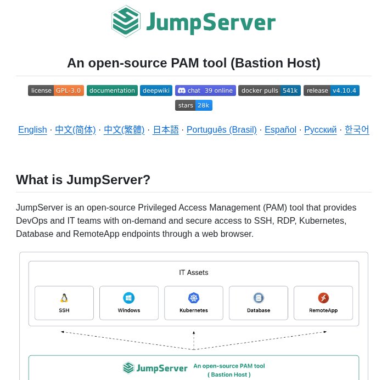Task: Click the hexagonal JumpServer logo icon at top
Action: click(x=126, y=21)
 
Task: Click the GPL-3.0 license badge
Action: click(x=56, y=90)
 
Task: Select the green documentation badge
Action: click(x=112, y=90)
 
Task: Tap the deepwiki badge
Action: click(x=156, y=90)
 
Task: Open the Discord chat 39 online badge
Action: click(x=205, y=90)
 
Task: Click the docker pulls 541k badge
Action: click(x=270, y=90)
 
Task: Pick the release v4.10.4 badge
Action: click(x=332, y=90)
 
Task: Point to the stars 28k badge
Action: click(x=194, y=105)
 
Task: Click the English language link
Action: click(x=32, y=130)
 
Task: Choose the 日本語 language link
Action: click(x=166, y=130)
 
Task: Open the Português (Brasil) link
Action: click(x=222, y=130)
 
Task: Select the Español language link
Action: click(x=281, y=130)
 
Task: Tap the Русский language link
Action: click(x=321, y=130)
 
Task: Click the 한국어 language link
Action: click(x=357, y=130)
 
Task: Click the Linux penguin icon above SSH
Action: click(x=64, y=298)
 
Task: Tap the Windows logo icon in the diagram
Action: click(x=129, y=298)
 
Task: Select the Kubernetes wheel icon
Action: click(x=194, y=298)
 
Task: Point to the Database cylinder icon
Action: click(x=259, y=298)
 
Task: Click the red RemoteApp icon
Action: click(x=323, y=298)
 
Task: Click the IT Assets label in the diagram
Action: click(x=194, y=273)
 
